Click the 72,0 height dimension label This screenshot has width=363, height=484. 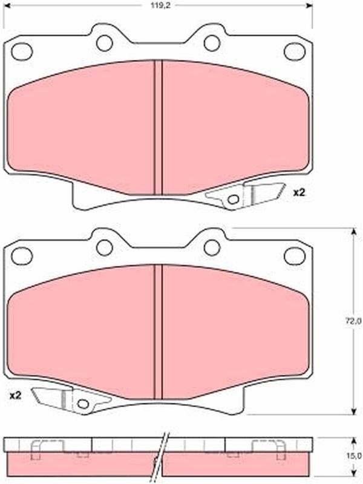click(356, 321)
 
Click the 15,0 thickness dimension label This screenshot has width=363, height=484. click(356, 456)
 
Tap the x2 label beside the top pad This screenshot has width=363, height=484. click(298, 193)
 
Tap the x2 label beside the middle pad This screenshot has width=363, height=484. click(15, 396)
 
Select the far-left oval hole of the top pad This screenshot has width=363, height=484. click(22, 51)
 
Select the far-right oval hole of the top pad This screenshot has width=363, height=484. click(295, 51)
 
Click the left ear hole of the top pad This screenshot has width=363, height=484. click(104, 43)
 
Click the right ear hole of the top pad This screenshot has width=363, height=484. click(212, 43)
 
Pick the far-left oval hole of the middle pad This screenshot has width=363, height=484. click(22, 256)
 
